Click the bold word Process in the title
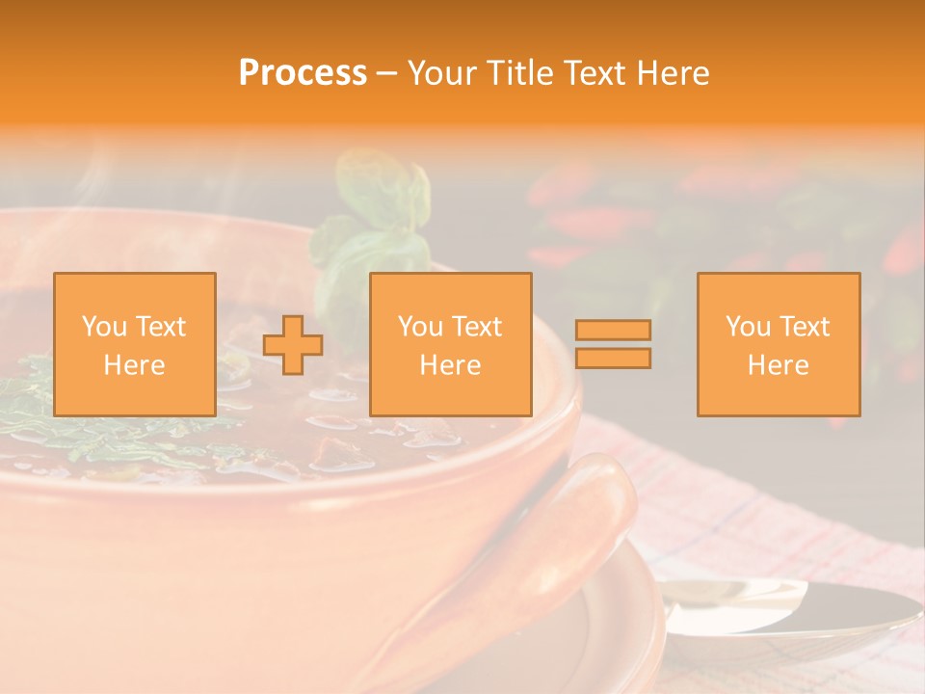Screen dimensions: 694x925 pos(303,73)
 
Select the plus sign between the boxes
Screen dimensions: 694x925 pos(293,345)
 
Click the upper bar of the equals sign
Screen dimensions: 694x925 pos(613,330)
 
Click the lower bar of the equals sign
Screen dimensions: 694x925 pos(613,359)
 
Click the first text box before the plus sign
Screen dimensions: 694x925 pos(135,345)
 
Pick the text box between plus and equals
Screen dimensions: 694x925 pos(451,345)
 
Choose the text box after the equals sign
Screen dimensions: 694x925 pos(779,345)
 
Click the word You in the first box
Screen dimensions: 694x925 pos(103,327)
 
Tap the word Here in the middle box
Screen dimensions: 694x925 pos(451,365)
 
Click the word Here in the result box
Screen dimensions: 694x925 pos(779,365)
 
